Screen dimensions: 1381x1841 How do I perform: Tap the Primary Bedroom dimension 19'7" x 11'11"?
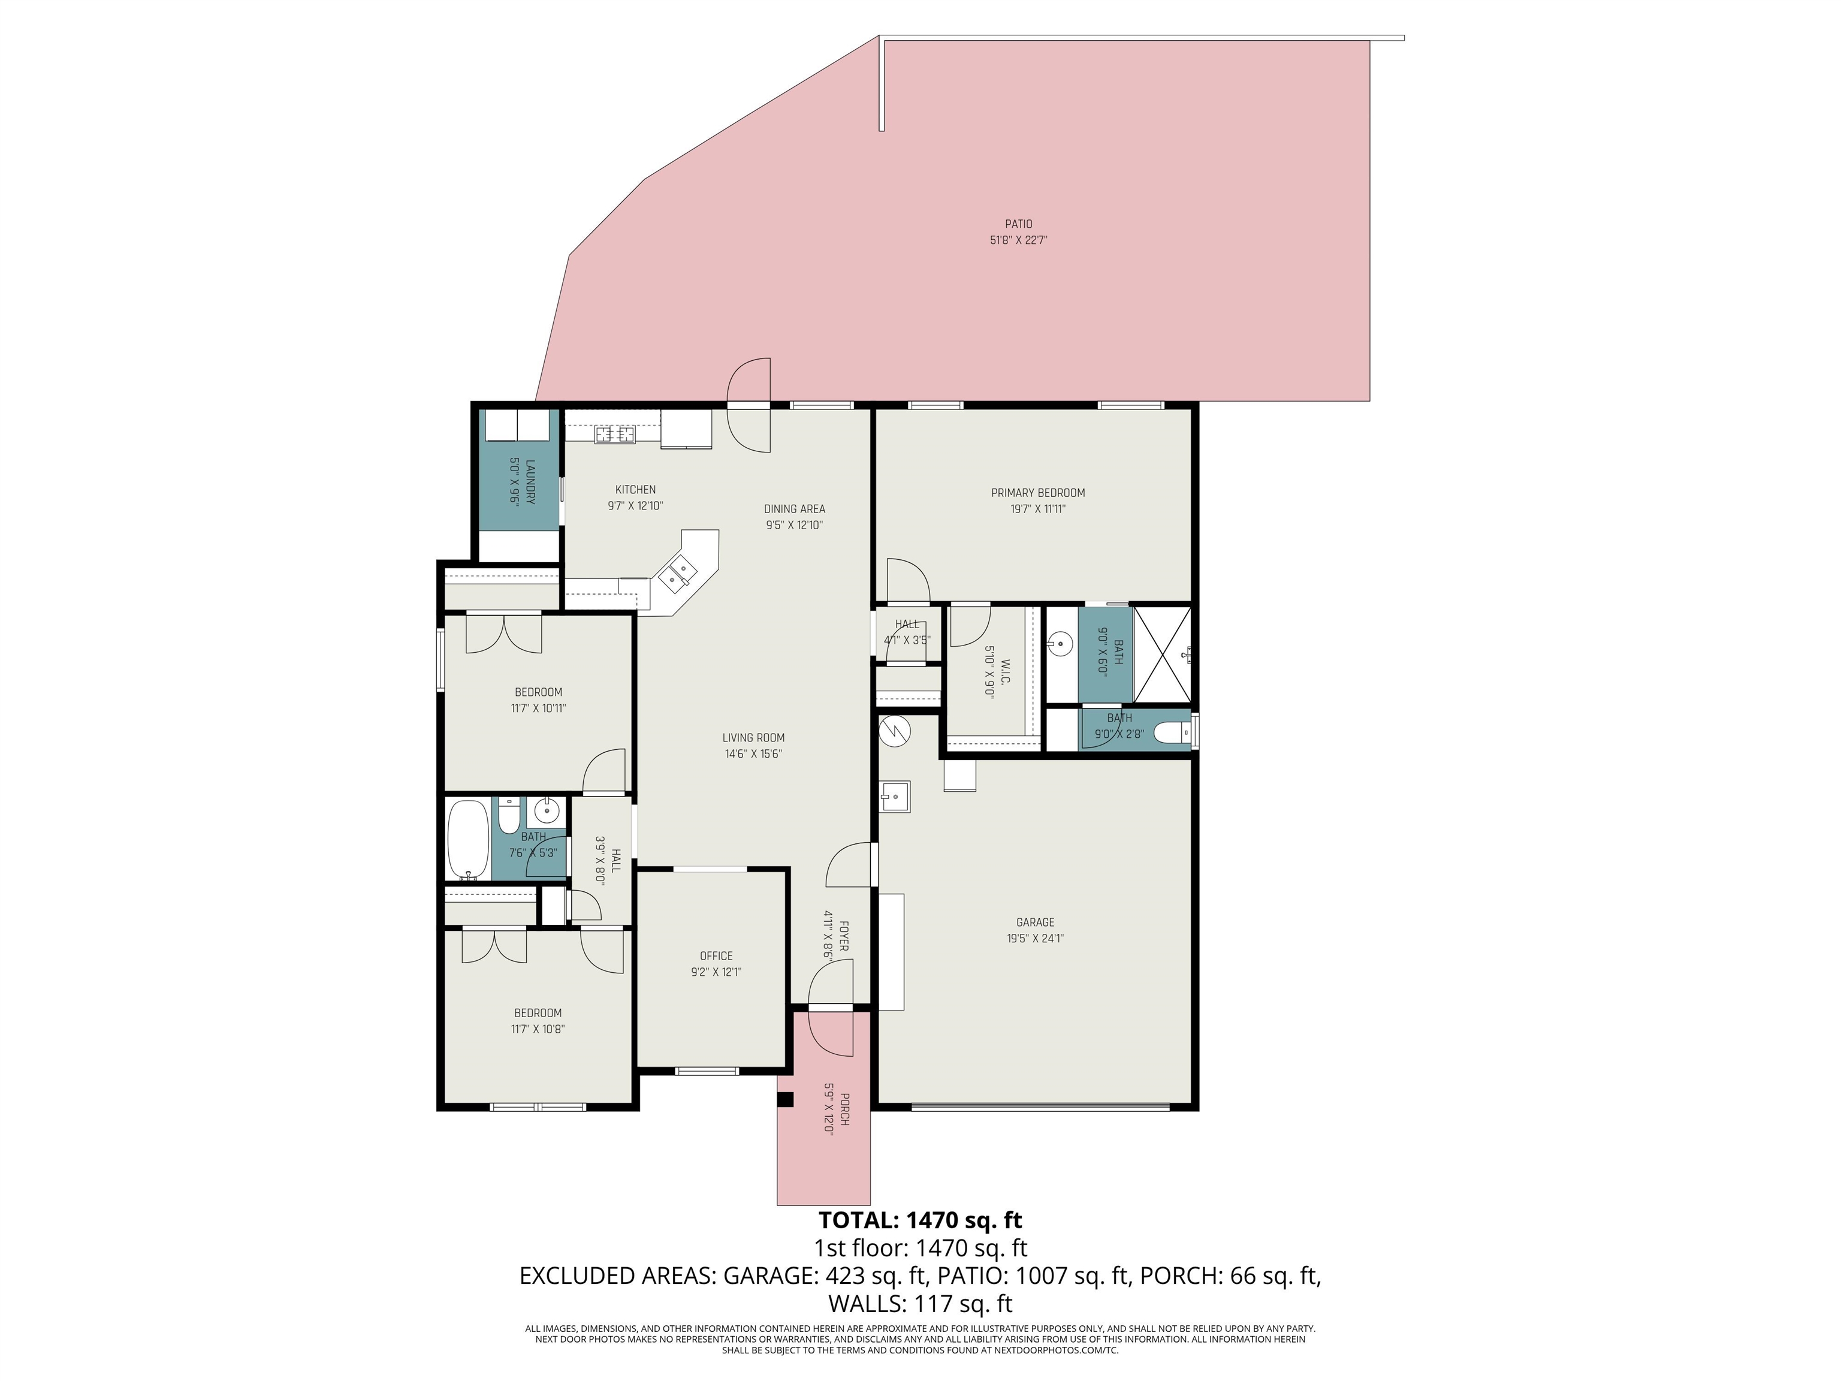pyautogui.click(x=1038, y=509)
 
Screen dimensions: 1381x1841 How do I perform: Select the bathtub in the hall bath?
pyautogui.click(x=467, y=839)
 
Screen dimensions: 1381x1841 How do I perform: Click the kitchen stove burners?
pyautogui.click(x=614, y=434)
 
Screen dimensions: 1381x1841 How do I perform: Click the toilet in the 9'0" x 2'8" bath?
pyautogui.click(x=1175, y=732)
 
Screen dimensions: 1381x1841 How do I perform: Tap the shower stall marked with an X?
pyautogui.click(x=1162, y=656)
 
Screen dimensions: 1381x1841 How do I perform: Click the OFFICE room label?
pyautogui.click(x=716, y=955)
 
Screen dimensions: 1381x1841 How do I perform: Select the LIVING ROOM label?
pyautogui.click(x=753, y=737)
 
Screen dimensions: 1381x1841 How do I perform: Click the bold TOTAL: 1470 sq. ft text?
pyautogui.click(x=920, y=1220)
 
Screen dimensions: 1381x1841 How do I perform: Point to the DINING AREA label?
pyautogui.click(x=794, y=509)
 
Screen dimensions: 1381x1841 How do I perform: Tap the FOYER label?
pyautogui.click(x=843, y=936)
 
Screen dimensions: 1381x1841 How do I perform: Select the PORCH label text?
pyautogui.click(x=844, y=1109)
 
